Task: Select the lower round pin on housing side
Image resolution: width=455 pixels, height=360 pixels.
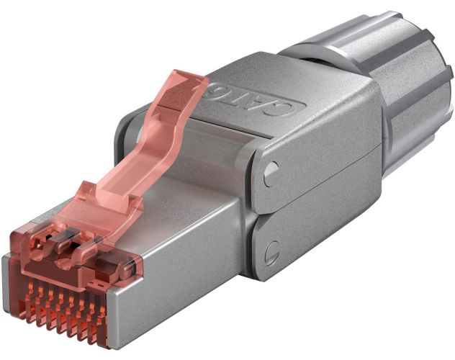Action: [x=272, y=253]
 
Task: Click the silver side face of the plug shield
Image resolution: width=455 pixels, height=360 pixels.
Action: [x=180, y=288]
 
